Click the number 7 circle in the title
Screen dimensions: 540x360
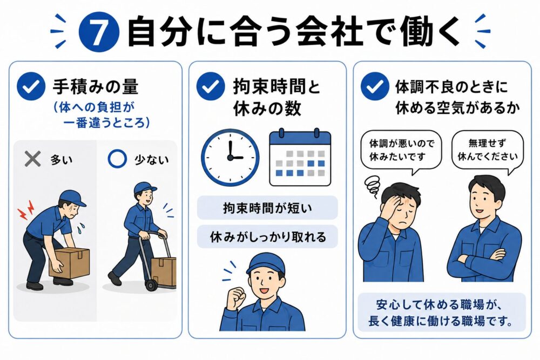[x=99, y=32]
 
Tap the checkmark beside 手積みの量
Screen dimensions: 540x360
[x=31, y=86]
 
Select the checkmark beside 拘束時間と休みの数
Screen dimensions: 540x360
[x=211, y=86]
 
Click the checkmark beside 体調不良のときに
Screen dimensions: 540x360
[x=375, y=86]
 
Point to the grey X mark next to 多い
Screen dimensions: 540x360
[x=33, y=159]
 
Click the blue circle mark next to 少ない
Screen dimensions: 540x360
[x=117, y=159]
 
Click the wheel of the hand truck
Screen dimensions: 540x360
[x=151, y=285]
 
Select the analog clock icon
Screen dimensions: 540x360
[x=230, y=158]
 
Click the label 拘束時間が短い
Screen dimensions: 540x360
[x=267, y=208]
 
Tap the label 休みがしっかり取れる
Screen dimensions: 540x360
[x=267, y=237]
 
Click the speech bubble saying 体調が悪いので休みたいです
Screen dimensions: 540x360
[x=401, y=151]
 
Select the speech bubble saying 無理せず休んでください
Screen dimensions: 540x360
[x=487, y=151]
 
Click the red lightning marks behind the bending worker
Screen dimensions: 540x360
[x=26, y=210]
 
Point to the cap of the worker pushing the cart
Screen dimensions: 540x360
[x=145, y=188]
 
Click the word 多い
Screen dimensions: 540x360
[x=62, y=160]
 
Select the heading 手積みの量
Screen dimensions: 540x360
[x=96, y=86]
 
